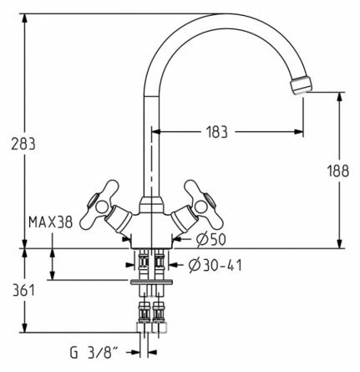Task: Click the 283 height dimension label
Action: (23, 144)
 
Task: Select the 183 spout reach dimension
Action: (217, 132)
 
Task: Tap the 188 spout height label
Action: (337, 171)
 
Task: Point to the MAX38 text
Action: (51, 222)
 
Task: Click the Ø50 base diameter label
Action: (210, 239)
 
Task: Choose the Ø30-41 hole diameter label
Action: (215, 266)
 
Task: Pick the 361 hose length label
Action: (23, 290)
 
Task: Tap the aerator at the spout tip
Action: (301, 84)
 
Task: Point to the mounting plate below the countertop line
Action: (151, 282)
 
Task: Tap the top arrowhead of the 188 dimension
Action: (339, 97)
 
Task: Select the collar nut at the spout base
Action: (151, 205)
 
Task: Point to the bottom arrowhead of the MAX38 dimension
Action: (52, 275)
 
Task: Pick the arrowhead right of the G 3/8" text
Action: (152, 353)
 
